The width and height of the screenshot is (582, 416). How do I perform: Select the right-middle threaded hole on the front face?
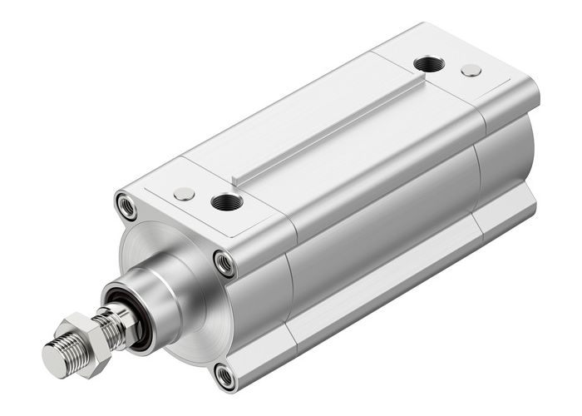224,262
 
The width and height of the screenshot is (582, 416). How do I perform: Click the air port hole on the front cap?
226,201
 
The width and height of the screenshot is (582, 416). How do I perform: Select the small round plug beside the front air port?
184,194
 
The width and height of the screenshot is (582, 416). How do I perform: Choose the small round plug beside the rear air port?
471,71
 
